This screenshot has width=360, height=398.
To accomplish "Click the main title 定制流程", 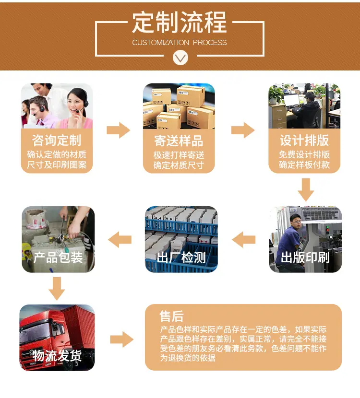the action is (180, 23).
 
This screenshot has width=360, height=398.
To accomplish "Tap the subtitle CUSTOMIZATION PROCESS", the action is (180, 42).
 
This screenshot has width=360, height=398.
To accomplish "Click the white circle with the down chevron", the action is (180, 58).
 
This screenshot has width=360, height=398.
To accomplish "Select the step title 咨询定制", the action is (57, 140).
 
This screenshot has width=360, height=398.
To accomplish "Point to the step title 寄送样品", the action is (179, 140).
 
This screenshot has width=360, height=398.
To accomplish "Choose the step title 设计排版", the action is (304, 140).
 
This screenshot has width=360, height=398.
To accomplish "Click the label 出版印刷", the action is (305, 258).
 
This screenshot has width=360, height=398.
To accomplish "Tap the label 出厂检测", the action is (181, 258).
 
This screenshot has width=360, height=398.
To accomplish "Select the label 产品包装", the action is (58, 258).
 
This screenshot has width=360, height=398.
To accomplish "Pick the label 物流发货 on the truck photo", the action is (57, 355).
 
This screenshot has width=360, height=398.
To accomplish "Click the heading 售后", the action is (171, 316).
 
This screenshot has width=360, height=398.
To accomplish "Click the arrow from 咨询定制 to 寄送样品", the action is (119, 130).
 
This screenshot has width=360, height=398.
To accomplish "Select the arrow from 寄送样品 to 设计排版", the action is (243, 130).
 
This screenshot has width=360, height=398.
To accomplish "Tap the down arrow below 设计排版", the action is (306, 190).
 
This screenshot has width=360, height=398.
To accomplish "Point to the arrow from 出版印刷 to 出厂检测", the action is (244, 240).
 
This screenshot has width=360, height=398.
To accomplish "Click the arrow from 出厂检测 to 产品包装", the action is (120, 240).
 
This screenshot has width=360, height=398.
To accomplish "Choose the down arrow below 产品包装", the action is (57, 289).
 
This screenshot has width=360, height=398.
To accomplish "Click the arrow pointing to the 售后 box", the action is (122, 339).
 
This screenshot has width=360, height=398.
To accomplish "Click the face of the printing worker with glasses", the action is (296, 222).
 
